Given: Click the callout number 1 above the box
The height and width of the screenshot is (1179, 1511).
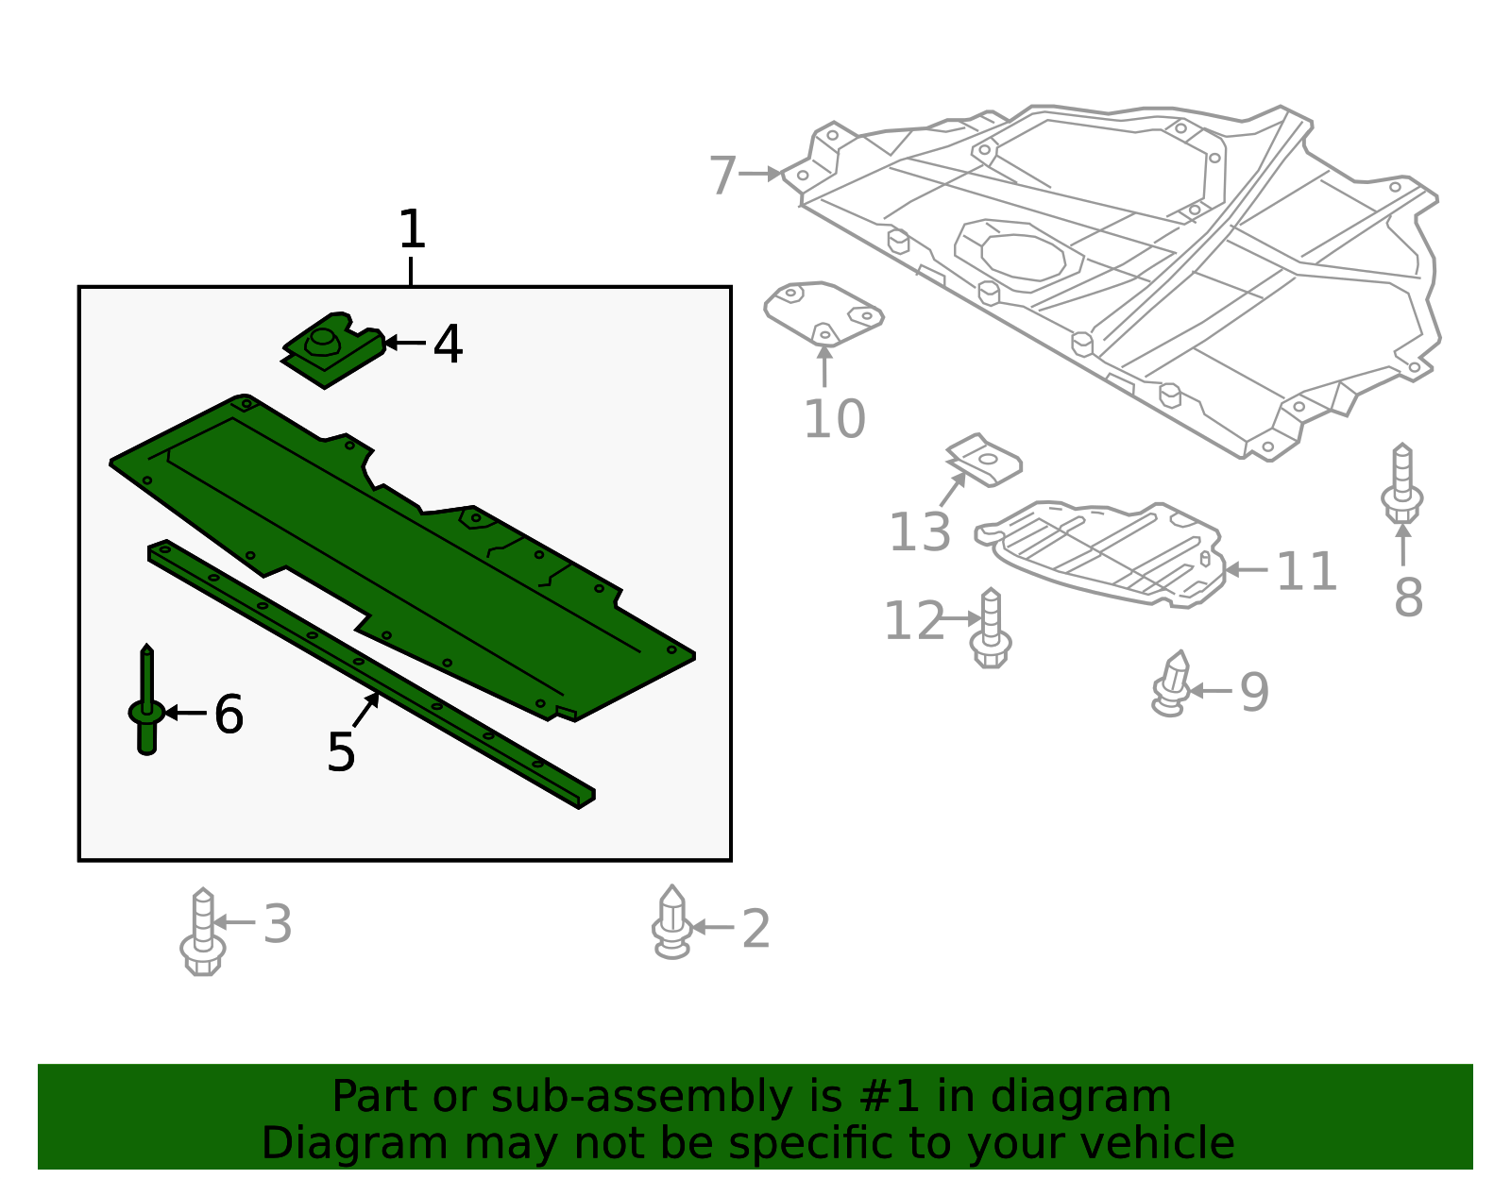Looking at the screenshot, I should tap(412, 229).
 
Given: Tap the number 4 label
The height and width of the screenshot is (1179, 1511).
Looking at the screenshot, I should tap(448, 345).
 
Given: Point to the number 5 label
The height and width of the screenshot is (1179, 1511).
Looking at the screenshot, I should tap(340, 752).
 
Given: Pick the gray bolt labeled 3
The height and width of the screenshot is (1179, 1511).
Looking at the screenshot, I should tap(202, 934).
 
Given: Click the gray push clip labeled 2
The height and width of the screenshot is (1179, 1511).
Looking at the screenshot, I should tap(671, 923).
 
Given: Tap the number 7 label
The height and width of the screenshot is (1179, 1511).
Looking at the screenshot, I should tap(722, 176).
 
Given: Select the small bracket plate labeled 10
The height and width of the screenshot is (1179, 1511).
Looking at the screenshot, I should tap(823, 312).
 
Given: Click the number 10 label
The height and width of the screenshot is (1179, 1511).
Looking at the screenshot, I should tap(834, 419).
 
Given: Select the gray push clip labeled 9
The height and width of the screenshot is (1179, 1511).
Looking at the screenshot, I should tap(1172, 683).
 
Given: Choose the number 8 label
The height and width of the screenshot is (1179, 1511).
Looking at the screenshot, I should tap(1408, 598).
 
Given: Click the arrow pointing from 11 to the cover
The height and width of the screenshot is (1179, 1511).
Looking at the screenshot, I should tap(1246, 570).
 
